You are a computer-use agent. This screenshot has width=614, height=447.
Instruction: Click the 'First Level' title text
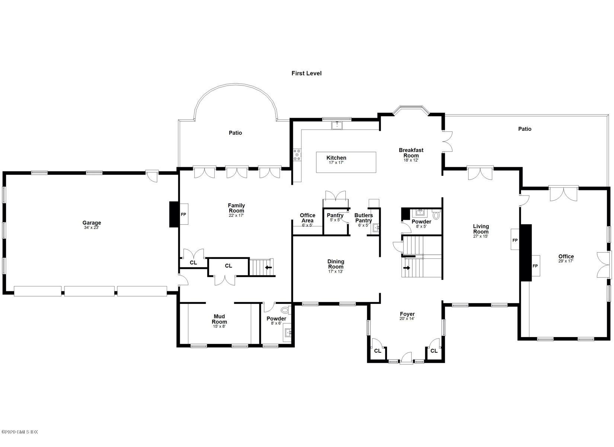tap(307, 73)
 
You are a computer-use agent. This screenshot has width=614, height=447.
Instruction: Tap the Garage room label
tap(92, 222)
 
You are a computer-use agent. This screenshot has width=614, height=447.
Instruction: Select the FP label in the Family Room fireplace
tap(183, 215)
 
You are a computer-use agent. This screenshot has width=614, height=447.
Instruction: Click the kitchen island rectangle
tap(346, 162)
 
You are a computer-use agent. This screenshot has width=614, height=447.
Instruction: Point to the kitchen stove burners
tap(297, 155)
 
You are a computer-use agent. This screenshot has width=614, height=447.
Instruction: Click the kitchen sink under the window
tap(337, 125)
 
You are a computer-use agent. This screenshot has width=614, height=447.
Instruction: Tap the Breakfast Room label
tap(411, 153)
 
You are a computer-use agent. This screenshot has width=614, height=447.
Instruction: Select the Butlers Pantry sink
tap(376, 228)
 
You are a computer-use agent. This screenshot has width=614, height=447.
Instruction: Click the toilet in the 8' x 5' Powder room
tap(436, 215)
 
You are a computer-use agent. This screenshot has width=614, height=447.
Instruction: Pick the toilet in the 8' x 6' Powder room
tap(285, 310)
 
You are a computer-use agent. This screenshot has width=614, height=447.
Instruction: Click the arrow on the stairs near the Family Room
tap(268, 267)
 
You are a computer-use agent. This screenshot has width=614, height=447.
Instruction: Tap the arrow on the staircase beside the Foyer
tap(407, 268)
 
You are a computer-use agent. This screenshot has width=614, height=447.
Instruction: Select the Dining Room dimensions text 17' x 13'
tap(336, 272)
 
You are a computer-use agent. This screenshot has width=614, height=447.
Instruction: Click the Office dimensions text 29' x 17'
tap(566, 261)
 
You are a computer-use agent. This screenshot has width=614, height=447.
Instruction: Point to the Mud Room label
tap(219, 319)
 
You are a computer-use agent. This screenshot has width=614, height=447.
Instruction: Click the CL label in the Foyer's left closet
tap(377, 351)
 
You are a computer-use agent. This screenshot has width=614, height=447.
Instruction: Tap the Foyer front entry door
tap(406, 358)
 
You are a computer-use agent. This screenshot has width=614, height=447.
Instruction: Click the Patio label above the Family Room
tap(235, 133)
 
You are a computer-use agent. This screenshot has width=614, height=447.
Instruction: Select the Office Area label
tap(307, 218)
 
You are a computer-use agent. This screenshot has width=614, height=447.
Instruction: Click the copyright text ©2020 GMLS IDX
tap(20, 432)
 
